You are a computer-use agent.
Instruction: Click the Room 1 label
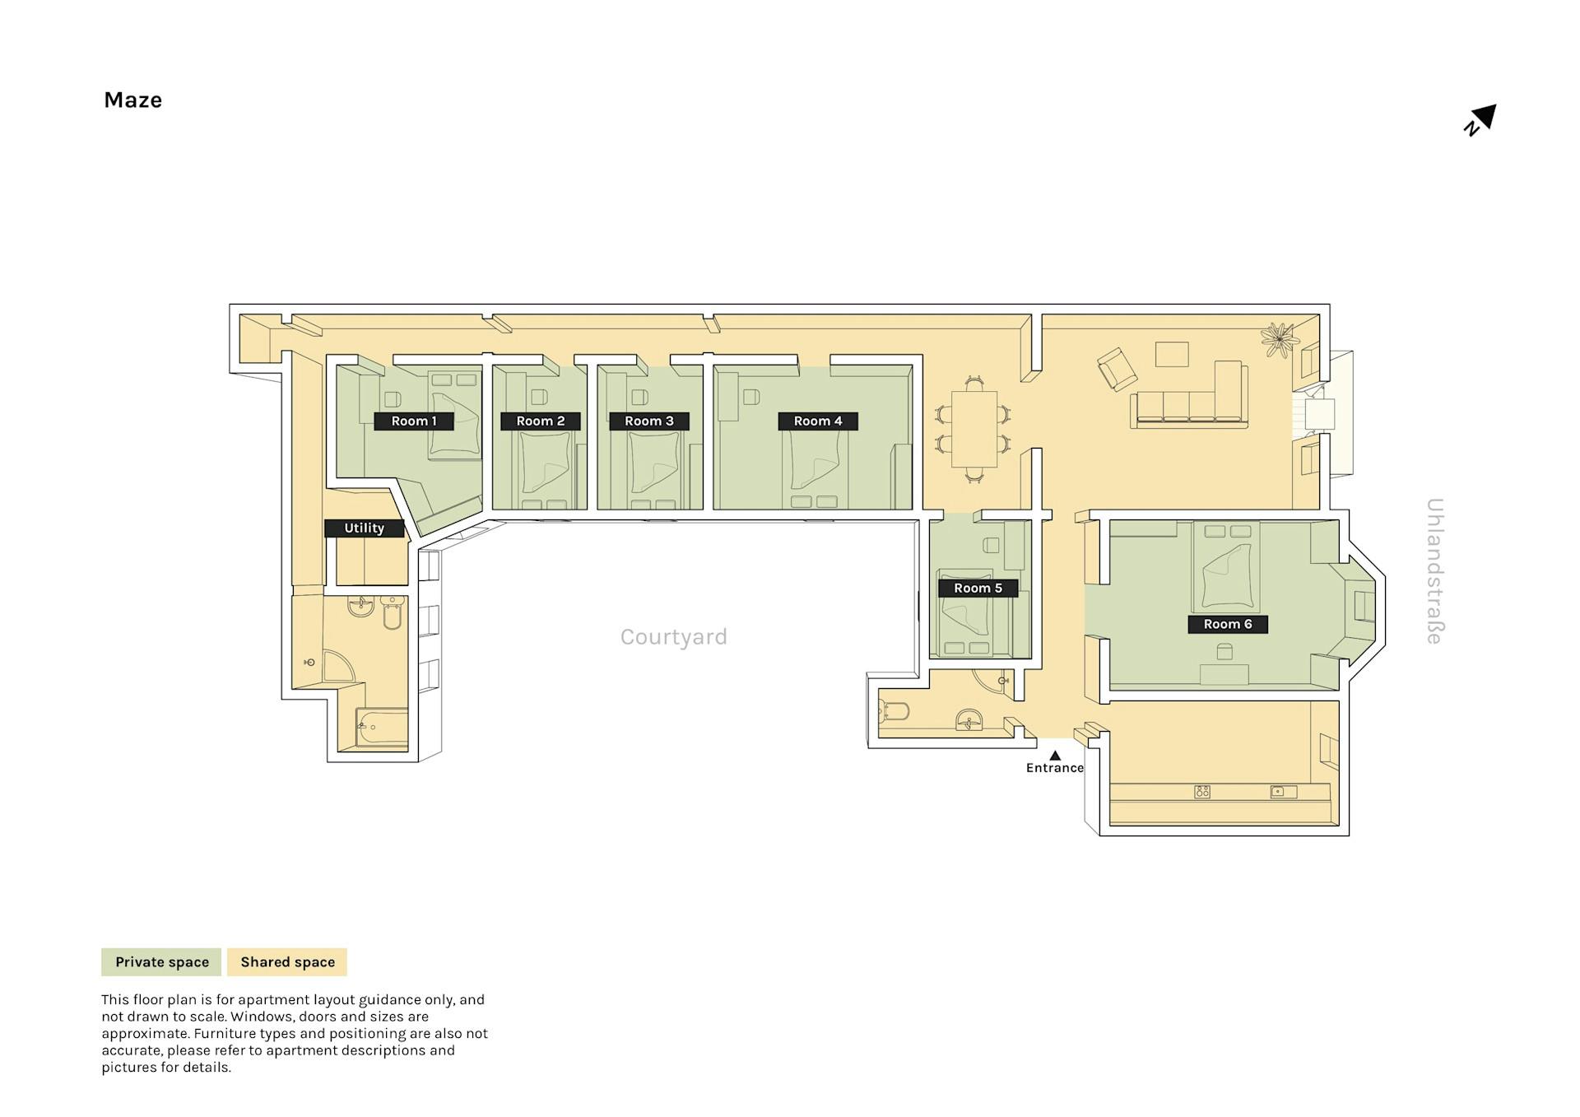(414, 421)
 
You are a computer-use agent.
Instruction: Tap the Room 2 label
(541, 421)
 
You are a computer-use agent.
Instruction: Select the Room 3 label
(649, 421)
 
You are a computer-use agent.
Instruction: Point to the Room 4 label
(818, 421)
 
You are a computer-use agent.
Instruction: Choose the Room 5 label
(978, 588)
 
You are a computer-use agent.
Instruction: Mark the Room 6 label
(1228, 624)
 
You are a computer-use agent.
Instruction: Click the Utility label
(365, 528)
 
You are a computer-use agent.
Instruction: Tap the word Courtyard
(674, 637)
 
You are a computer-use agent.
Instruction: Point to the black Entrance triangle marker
(1055, 755)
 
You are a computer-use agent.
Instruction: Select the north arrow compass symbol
(1480, 120)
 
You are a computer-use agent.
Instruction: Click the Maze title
(132, 100)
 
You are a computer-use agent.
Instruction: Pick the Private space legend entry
(161, 961)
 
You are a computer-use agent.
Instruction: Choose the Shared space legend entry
(287, 961)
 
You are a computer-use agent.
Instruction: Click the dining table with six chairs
(974, 428)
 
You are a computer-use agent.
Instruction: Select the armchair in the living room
(1117, 370)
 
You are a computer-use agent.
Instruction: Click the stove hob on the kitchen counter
(1202, 792)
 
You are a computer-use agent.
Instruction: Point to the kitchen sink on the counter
(1283, 792)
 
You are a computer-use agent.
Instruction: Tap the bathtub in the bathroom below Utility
(382, 728)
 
